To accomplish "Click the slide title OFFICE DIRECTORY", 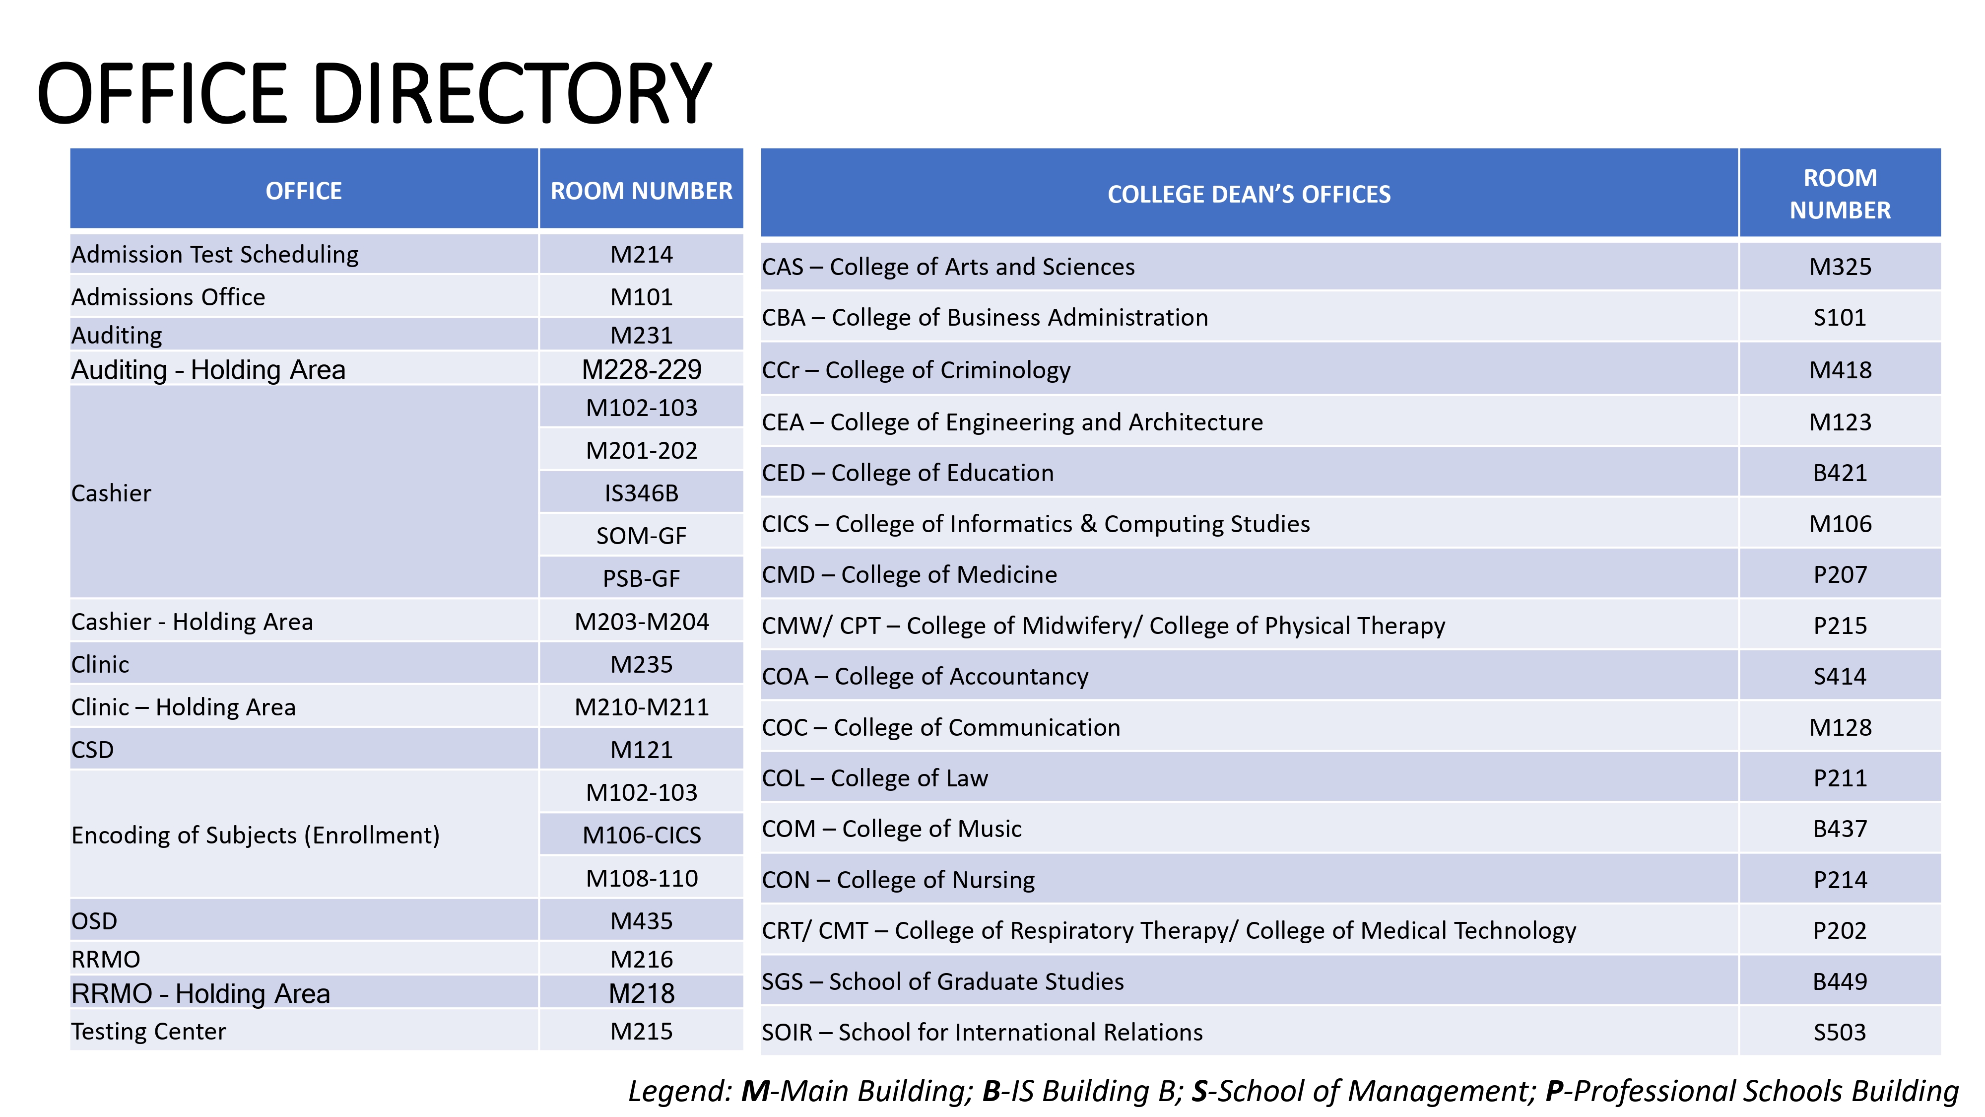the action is [x=375, y=93].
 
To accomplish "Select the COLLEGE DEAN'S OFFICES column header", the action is [x=1249, y=194].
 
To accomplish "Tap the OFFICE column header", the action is [x=304, y=191].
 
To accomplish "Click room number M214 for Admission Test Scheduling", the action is [x=641, y=254].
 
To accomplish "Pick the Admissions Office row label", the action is [x=168, y=297].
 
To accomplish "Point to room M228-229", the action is [x=641, y=369].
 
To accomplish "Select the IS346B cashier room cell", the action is [x=641, y=493].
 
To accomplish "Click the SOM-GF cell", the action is [x=641, y=536].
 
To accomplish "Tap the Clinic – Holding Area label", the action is [x=184, y=707].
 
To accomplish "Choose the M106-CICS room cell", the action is [x=641, y=835].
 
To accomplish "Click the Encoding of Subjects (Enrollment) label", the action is [x=255, y=835].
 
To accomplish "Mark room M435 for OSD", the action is [x=641, y=921].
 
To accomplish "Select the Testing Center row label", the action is [x=149, y=1032].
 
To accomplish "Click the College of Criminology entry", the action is [x=916, y=370].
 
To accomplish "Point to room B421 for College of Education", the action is [x=1840, y=473].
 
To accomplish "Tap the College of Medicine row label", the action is [x=909, y=574].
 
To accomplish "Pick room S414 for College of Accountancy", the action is [x=1840, y=676].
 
